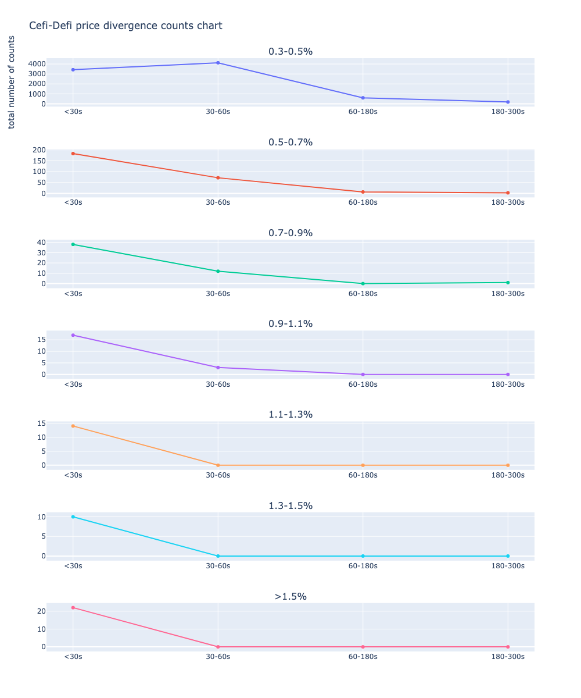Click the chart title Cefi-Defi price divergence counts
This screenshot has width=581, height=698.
(x=125, y=26)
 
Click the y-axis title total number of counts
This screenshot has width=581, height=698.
(x=12, y=82)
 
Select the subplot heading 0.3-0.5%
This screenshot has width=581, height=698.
(x=290, y=51)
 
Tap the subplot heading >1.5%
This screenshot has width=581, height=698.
(x=290, y=596)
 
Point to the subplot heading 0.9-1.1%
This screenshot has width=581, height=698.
(x=290, y=323)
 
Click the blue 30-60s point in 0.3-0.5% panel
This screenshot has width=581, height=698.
(x=218, y=63)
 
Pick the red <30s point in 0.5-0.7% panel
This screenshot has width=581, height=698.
(x=73, y=154)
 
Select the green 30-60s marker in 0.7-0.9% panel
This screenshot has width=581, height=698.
(x=218, y=271)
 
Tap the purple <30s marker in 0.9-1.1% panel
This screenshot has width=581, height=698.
(x=73, y=335)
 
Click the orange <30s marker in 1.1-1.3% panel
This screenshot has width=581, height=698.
(x=73, y=426)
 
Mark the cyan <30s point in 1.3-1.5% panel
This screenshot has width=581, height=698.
(x=73, y=517)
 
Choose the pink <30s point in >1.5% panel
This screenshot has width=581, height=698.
(x=73, y=607)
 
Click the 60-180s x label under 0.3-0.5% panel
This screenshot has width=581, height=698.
(x=363, y=112)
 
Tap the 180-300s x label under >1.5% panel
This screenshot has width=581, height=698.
(x=508, y=656)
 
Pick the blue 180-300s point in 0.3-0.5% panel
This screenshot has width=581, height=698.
(x=508, y=102)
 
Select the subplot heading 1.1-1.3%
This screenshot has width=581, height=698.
(x=290, y=414)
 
